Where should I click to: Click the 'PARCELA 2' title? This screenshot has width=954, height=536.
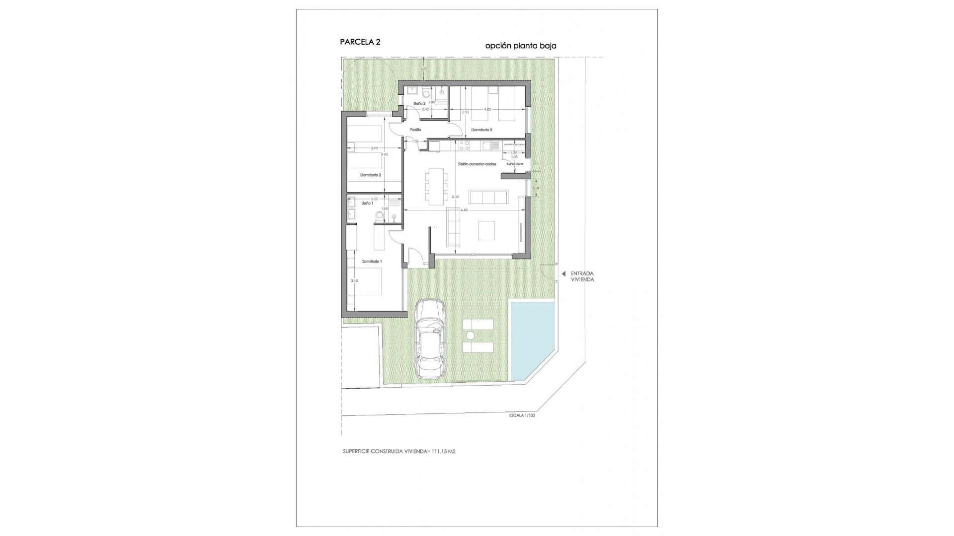tap(360, 42)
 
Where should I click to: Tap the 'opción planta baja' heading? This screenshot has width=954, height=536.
tap(521, 46)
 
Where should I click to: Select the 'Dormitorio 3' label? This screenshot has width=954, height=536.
tap(481, 130)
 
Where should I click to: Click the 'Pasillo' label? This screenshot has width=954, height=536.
tap(415, 130)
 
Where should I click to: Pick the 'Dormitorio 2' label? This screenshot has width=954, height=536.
tap(371, 175)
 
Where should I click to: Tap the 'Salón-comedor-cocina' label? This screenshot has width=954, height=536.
tap(477, 164)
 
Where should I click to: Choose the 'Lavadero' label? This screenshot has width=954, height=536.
tap(515, 164)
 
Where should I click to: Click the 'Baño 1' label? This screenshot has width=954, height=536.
tap(367, 203)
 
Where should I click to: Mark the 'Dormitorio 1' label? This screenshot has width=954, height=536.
tap(371, 261)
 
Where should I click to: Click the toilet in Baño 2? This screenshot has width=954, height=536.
tap(426, 93)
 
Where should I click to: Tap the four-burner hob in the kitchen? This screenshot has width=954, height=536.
tap(465, 145)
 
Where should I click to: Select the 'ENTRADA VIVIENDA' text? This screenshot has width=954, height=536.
tap(582, 276)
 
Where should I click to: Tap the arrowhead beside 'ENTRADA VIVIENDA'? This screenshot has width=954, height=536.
tap(563, 273)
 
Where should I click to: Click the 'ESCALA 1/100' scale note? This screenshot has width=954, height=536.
tap(522, 415)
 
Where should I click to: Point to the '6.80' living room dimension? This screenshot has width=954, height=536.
tap(464, 210)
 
